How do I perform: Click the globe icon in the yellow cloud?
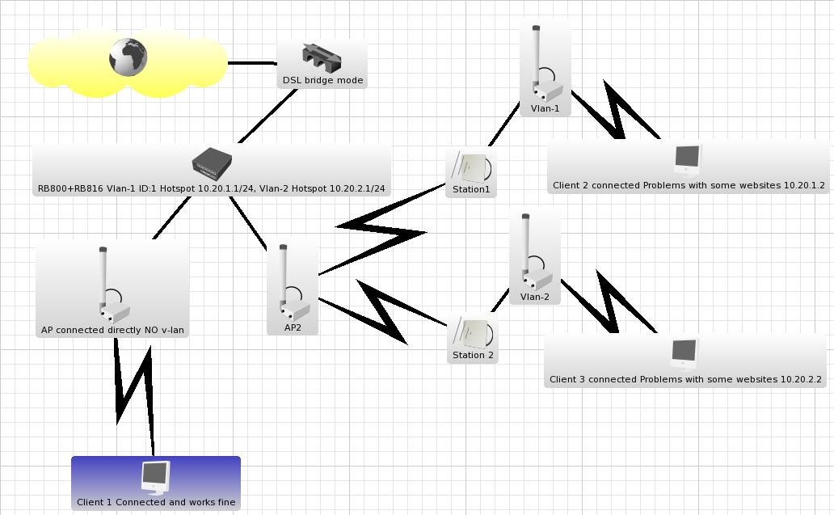click(128, 57)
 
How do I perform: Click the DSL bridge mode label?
click(322, 81)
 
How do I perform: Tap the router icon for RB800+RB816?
click(212, 164)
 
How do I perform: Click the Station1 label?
click(471, 190)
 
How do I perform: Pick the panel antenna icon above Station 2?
click(472, 332)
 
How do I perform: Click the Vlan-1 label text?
click(545, 108)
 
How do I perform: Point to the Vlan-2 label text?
click(534, 297)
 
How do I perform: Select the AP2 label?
click(293, 327)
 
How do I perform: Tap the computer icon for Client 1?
click(155, 477)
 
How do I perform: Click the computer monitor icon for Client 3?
click(684, 353)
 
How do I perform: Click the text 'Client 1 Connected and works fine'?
click(156, 502)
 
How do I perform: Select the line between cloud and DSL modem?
click(252, 62)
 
